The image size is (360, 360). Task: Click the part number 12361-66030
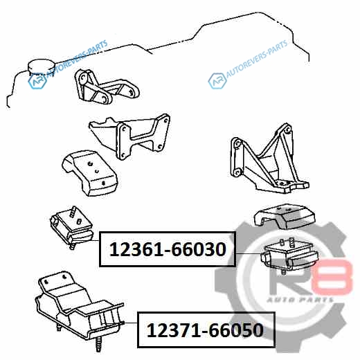click(x=168, y=249)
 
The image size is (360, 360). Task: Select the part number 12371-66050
click(x=205, y=330)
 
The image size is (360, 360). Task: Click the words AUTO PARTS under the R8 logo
click(x=300, y=300)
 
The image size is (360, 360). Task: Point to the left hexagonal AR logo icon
click(x=37, y=81)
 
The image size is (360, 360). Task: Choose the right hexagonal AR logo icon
click(x=217, y=81)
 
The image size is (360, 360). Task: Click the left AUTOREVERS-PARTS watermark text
click(x=78, y=58)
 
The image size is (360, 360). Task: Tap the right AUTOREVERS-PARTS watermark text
click(x=257, y=58)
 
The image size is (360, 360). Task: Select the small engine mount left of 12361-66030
click(x=71, y=228)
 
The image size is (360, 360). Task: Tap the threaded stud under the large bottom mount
click(x=99, y=344)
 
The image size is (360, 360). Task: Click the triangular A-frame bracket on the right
click(x=269, y=159)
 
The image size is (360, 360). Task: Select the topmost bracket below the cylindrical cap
click(x=106, y=87)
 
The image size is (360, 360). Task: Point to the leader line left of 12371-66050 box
click(x=131, y=323)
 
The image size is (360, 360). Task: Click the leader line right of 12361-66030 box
click(x=248, y=253)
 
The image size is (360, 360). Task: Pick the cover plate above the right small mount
click(x=285, y=217)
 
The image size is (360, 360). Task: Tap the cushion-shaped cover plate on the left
click(x=89, y=173)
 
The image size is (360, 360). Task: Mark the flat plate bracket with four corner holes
click(x=129, y=136)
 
